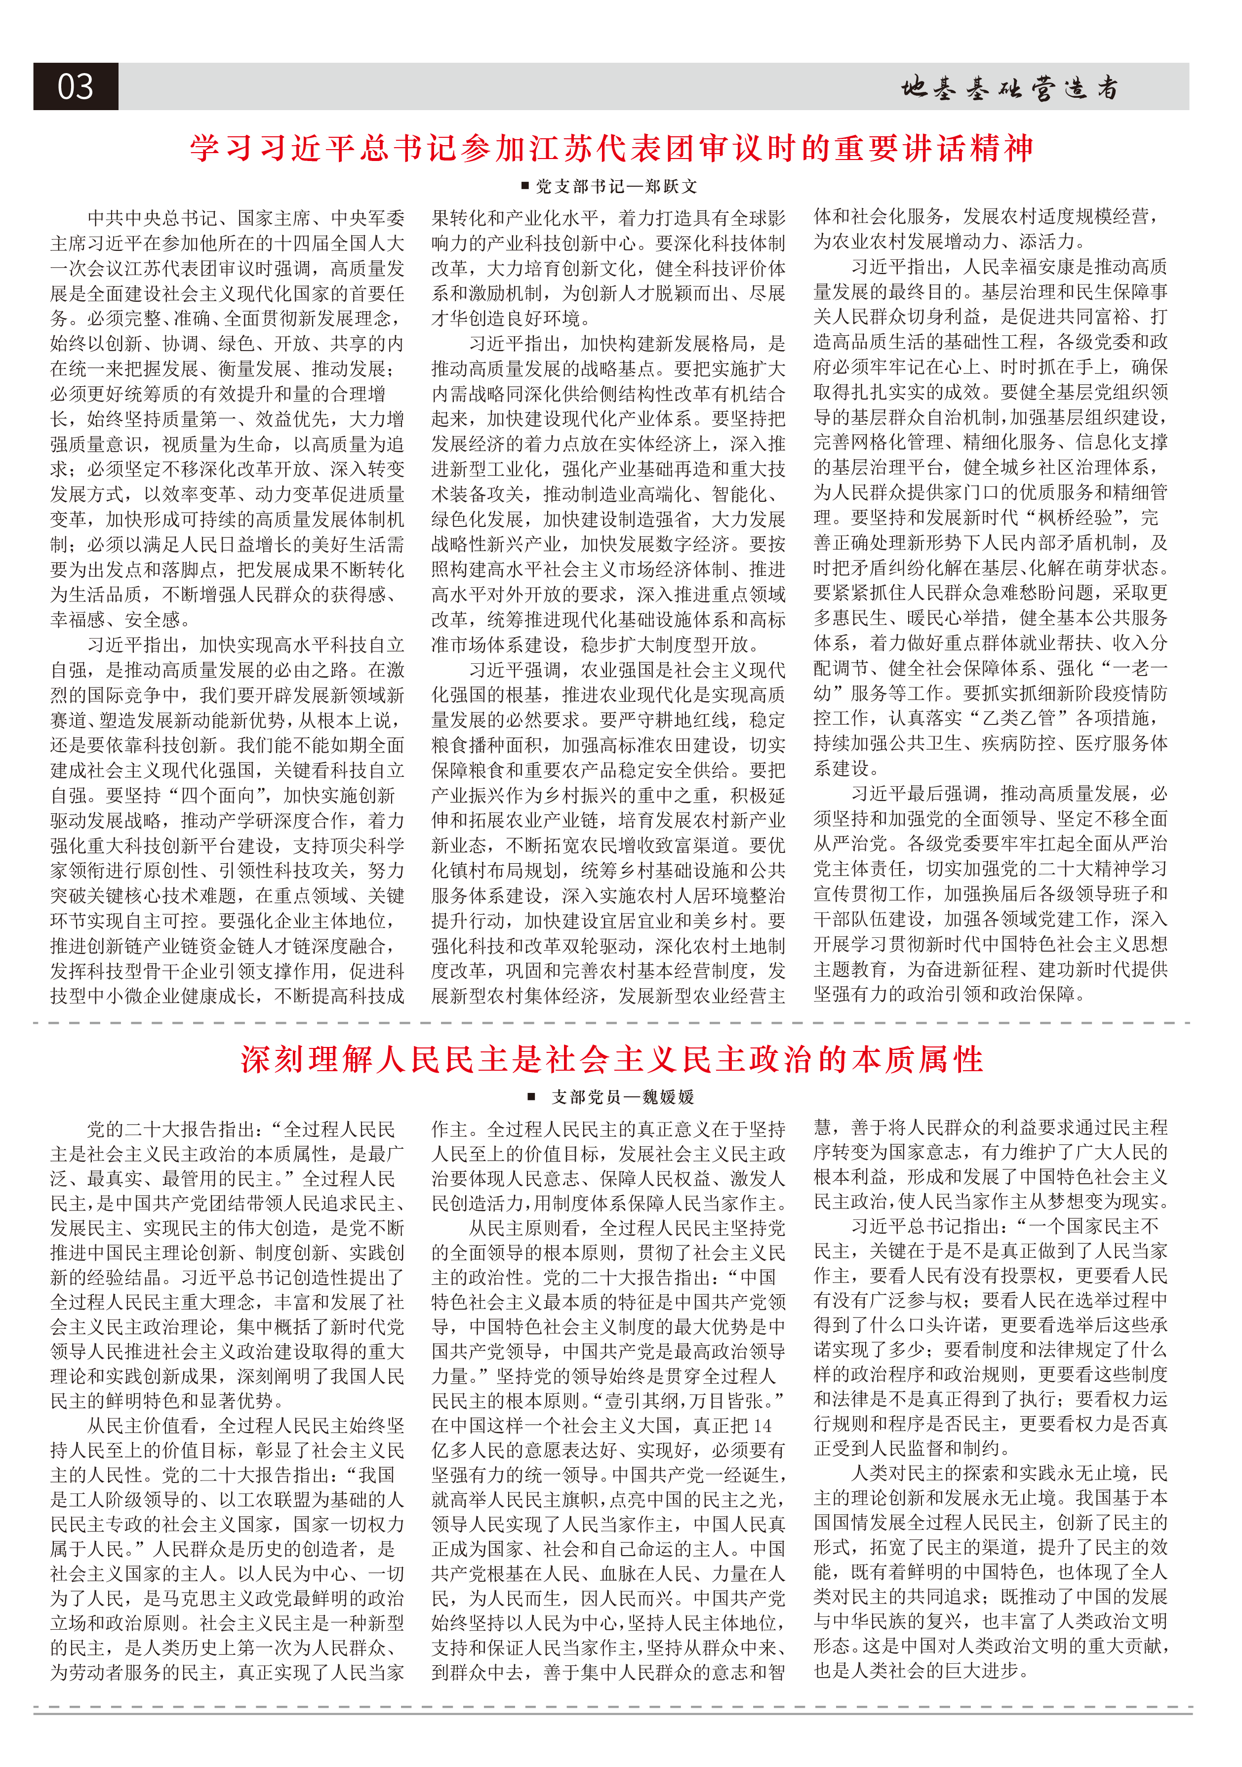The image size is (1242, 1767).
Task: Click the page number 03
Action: pyautogui.click(x=76, y=87)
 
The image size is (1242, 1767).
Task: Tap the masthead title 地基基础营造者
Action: pyautogui.click(x=1009, y=88)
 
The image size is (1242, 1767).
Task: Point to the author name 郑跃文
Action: pyautogui.click(x=672, y=186)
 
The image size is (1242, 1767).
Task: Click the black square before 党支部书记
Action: pyautogui.click(x=525, y=186)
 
